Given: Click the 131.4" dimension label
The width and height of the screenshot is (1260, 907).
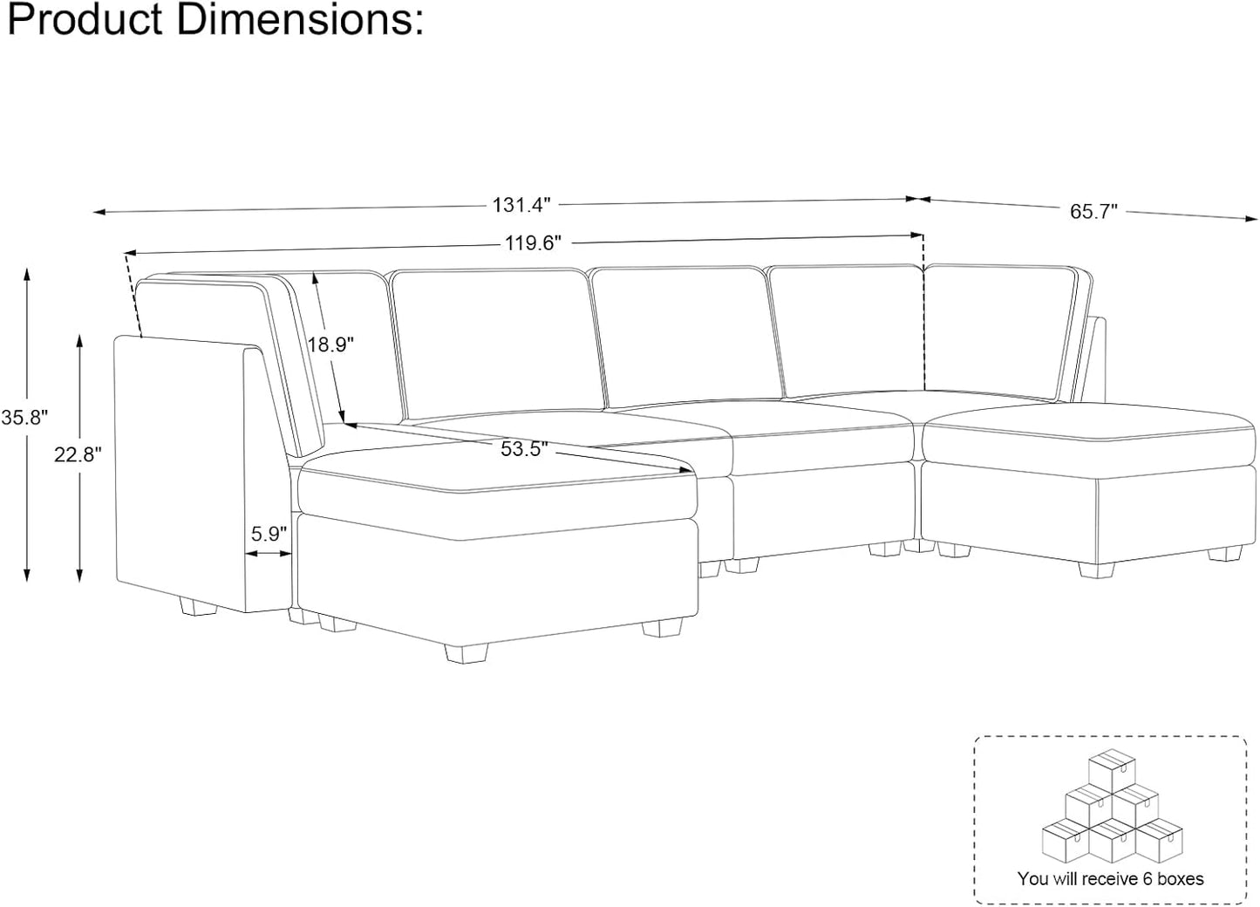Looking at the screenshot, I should [x=522, y=205].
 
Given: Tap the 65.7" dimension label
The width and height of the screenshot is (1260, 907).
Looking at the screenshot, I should [x=1093, y=212].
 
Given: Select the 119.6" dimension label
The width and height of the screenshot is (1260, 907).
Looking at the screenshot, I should [x=532, y=243].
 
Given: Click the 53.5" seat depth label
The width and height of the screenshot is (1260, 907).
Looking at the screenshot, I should [x=524, y=449].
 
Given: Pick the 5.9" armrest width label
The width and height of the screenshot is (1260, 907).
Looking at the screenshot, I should [x=269, y=534].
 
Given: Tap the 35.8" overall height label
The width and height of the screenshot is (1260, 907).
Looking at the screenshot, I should [x=24, y=417].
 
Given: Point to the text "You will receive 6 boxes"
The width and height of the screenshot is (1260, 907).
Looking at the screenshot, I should [x=1110, y=878].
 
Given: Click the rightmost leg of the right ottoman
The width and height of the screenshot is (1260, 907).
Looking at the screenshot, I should [x=1096, y=569].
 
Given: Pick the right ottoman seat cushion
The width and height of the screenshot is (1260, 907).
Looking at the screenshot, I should [x=1090, y=433].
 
